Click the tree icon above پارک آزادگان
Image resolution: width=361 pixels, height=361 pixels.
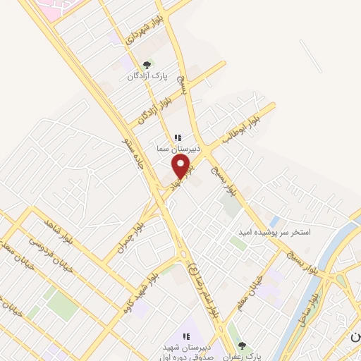point(147,64)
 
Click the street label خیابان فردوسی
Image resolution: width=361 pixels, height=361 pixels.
point(44,247)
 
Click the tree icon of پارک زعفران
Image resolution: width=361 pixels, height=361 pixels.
point(242,345)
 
